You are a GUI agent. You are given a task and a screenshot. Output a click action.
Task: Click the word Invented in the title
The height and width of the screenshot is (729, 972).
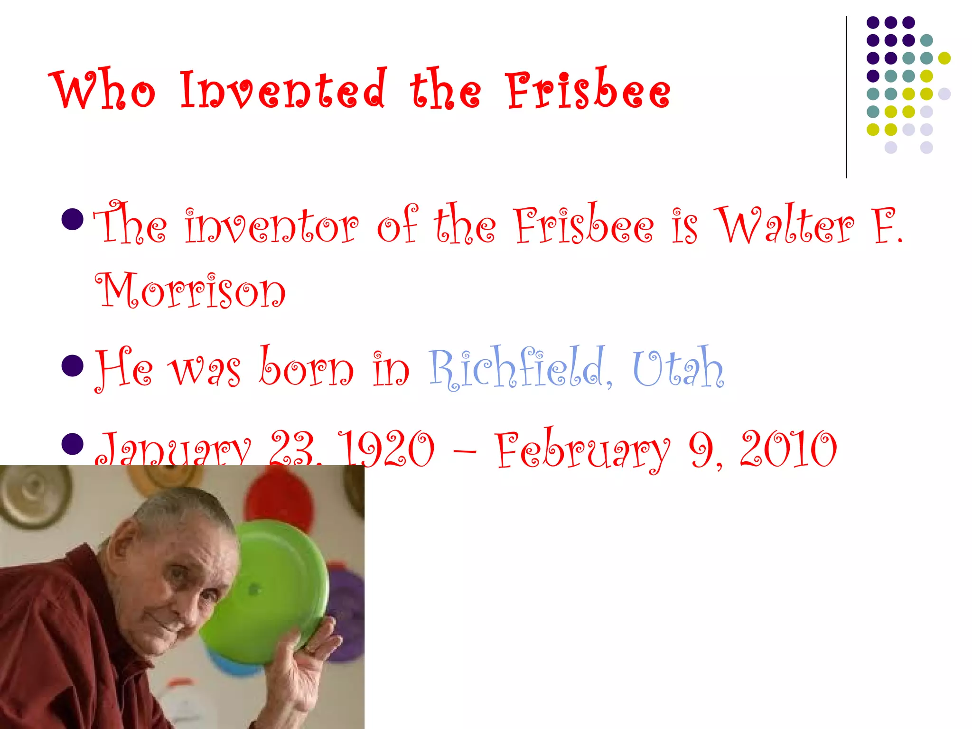click(x=282, y=89)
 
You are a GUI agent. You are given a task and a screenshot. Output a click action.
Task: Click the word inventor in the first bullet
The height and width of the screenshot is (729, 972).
click(x=272, y=225)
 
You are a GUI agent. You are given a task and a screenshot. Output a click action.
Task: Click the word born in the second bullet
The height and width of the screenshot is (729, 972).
click(x=307, y=368)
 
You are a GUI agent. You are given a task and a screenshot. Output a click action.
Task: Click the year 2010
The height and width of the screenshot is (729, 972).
click(x=788, y=449)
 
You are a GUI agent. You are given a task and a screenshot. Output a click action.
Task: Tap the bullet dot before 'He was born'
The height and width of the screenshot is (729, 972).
click(x=73, y=365)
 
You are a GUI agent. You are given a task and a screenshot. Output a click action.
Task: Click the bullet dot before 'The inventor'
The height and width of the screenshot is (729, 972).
click(x=73, y=219)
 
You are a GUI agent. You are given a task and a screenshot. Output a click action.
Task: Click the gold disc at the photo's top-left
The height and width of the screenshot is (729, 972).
click(x=33, y=494)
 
